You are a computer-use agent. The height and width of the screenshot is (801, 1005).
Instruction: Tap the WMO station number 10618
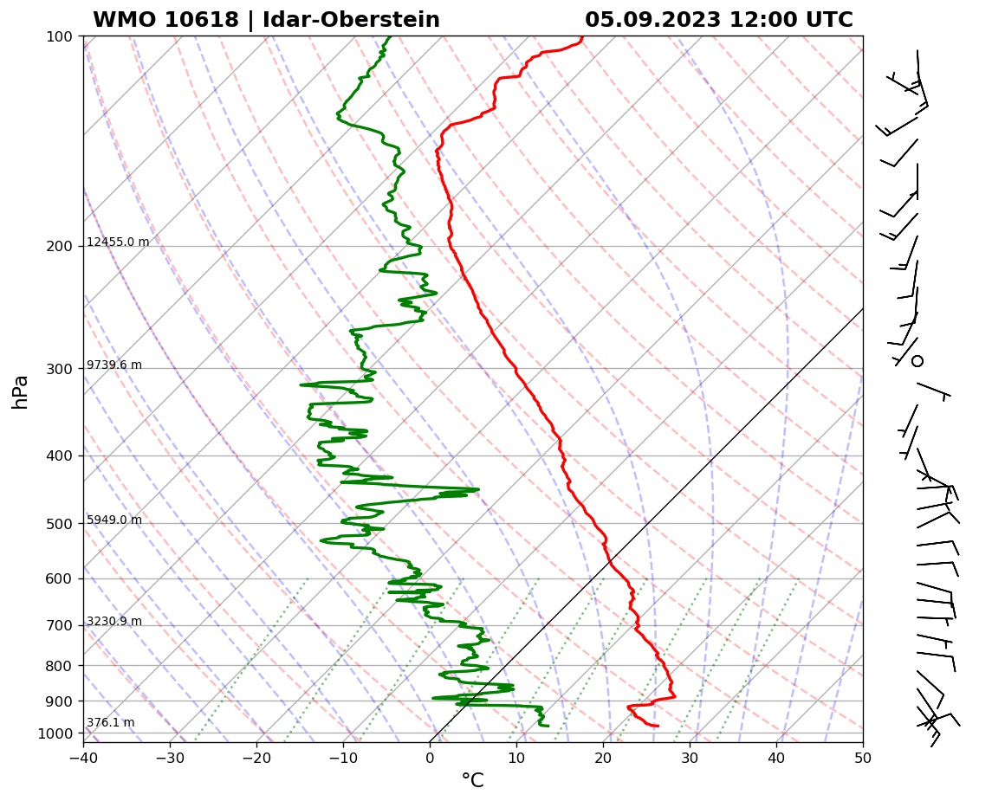pos(201,20)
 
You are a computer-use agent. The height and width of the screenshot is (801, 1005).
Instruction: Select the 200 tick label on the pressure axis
pos(60,247)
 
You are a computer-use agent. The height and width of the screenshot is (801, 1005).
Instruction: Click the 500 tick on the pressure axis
pos(60,524)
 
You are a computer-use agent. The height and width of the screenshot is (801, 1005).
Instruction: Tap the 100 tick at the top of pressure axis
pos(60,36)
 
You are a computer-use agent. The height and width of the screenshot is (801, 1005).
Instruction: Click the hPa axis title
pos(21,391)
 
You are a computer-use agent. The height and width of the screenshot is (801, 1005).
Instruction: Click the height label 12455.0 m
pos(118,242)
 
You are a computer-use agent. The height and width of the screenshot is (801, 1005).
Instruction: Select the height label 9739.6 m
pos(114,365)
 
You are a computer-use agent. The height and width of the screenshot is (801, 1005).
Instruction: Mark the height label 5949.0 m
pos(114,520)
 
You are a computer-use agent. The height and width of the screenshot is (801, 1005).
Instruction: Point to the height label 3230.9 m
pos(114,621)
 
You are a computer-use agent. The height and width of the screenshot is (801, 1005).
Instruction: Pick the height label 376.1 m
pos(110,722)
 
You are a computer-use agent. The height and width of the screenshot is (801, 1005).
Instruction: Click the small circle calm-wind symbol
pos(917,360)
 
